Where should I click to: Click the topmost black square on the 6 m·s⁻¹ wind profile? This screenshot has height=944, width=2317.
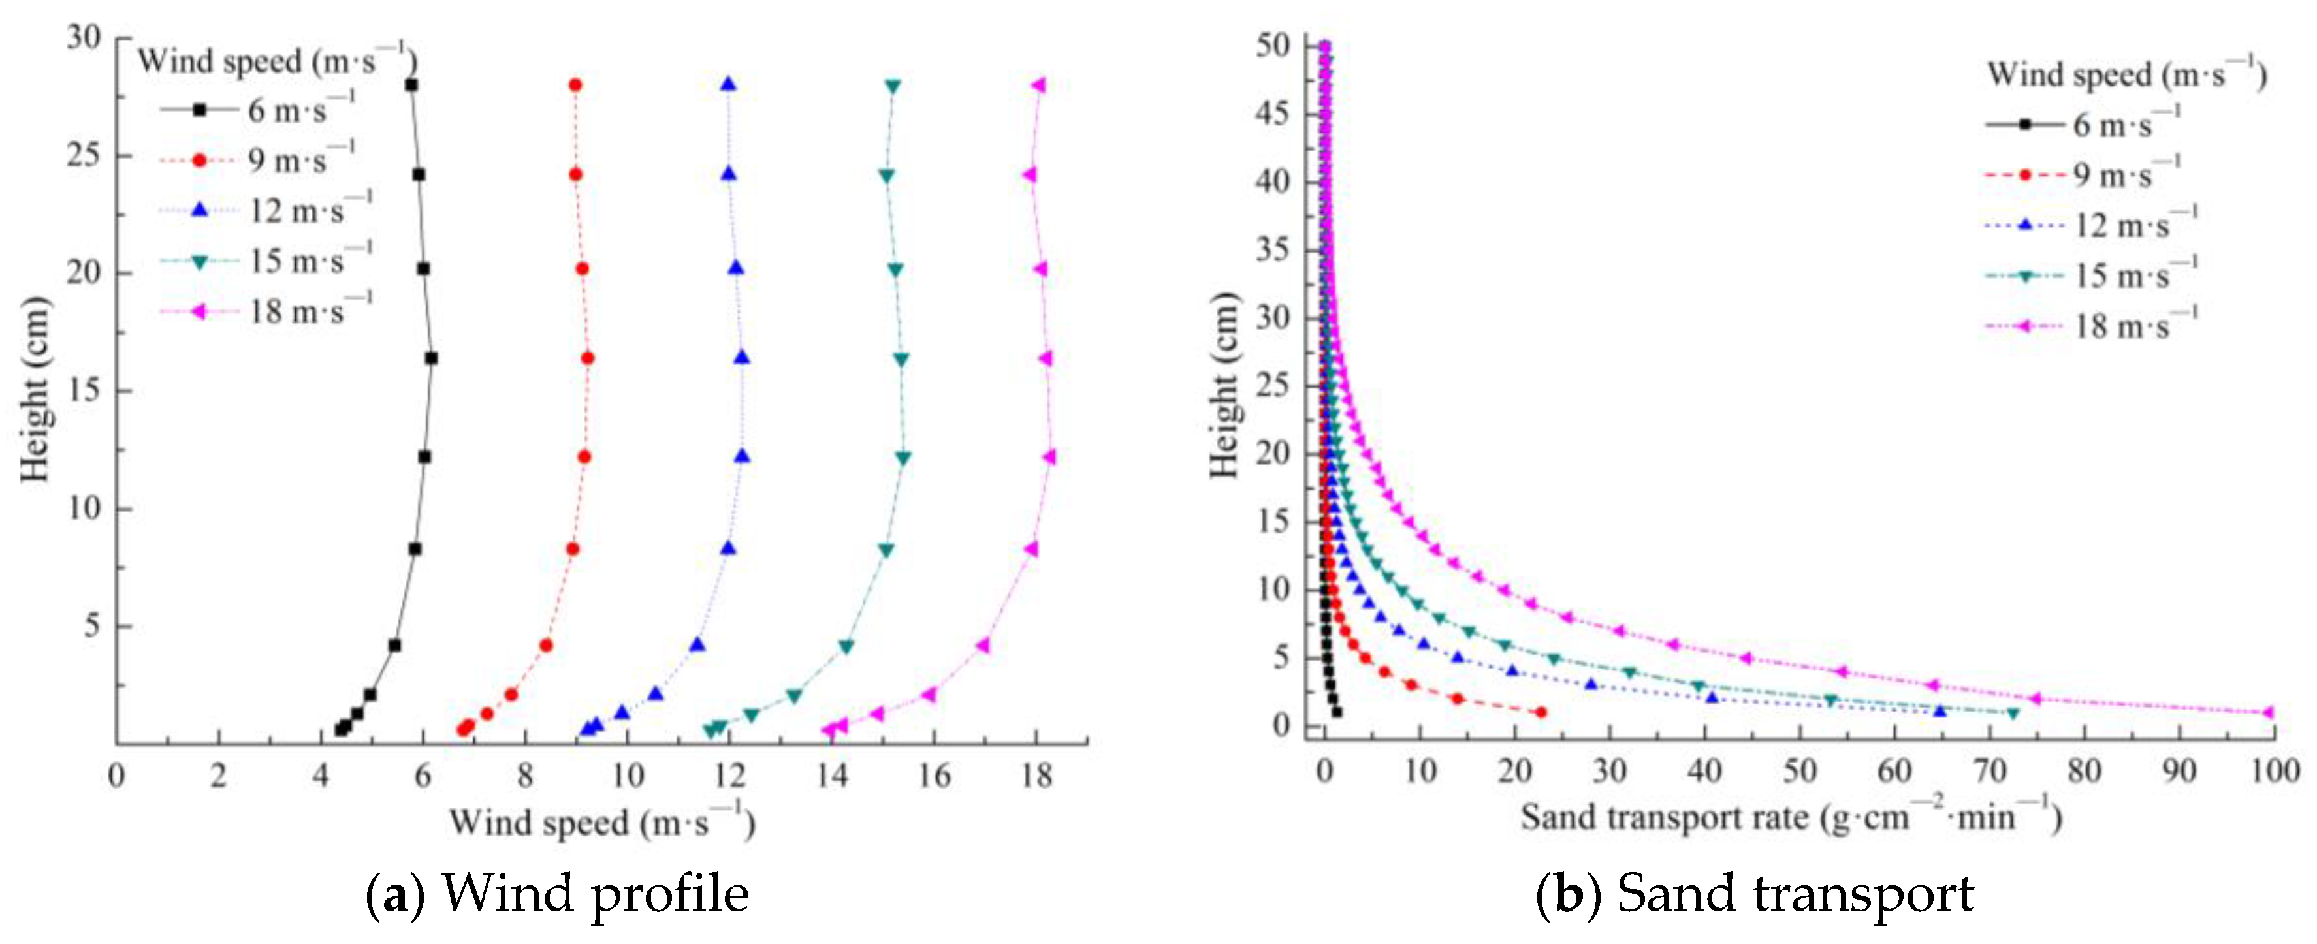pyautogui.click(x=411, y=86)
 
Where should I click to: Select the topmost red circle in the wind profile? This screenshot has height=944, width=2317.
pyautogui.click(x=575, y=86)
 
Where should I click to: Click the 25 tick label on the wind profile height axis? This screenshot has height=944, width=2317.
pyautogui.click(x=84, y=155)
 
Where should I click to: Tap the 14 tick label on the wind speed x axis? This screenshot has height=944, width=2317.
pyautogui.click(x=832, y=775)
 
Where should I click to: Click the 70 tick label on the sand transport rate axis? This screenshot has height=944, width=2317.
pyautogui.click(x=1990, y=770)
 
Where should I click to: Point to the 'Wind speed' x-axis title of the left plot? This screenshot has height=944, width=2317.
pyautogui.click(x=601, y=822)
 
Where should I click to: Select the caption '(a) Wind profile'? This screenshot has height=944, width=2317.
pyautogui.click(x=558, y=894)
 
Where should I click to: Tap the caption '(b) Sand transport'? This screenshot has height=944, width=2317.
pyautogui.click(x=1754, y=894)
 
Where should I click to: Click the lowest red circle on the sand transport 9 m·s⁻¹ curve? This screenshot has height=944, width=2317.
pyautogui.click(x=1541, y=712)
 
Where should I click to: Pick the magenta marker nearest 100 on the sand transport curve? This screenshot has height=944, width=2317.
pyautogui.click(x=2267, y=712)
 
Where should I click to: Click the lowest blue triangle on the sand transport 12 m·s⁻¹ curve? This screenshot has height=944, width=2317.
pyautogui.click(x=1940, y=711)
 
